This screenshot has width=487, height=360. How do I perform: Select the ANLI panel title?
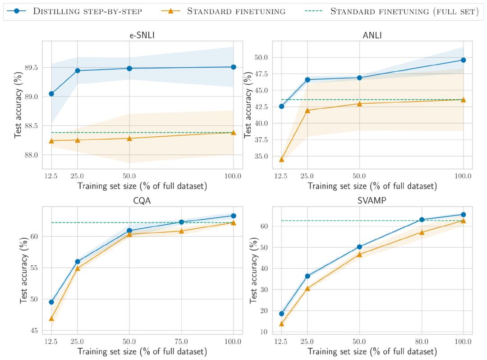coord(372,35)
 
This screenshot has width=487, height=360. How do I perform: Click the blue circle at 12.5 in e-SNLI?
coord(51,94)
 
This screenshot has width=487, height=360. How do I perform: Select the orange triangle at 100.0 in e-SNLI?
coord(234,132)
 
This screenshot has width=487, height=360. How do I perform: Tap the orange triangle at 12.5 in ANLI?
coord(282,159)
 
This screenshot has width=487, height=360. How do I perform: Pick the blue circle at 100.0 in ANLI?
coord(463,60)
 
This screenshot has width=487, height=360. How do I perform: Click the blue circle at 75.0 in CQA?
coord(182,222)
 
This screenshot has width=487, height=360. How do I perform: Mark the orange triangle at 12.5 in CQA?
coord(51,318)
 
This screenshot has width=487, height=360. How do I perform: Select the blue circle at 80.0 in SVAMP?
coord(422,220)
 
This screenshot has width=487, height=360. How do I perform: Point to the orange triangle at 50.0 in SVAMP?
coord(359,254)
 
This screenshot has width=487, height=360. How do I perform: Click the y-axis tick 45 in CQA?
coord(34,331)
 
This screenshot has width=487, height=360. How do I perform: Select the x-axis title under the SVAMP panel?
coord(372,351)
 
